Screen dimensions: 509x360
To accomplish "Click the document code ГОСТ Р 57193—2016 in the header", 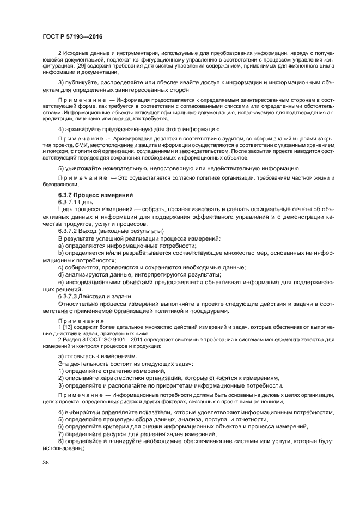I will pos(72,36).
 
